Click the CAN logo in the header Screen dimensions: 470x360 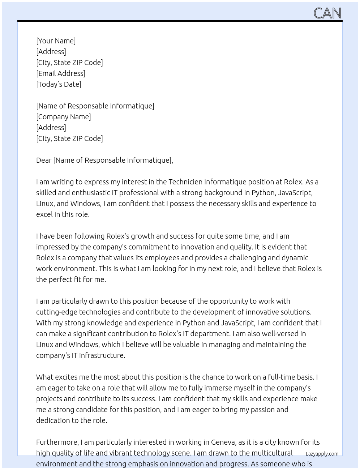coord(327,13)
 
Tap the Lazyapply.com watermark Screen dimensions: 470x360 coord(322,454)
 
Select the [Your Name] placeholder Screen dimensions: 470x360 coord(56,41)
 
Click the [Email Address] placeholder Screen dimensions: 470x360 coord(61,73)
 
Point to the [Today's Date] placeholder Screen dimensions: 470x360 coord(59,84)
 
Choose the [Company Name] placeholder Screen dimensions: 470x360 coord(63,117)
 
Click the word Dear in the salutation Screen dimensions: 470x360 coord(44,160)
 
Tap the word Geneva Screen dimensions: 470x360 coord(223,442)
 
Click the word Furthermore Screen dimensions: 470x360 coord(57,442)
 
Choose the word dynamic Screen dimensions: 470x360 coord(295,258)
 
